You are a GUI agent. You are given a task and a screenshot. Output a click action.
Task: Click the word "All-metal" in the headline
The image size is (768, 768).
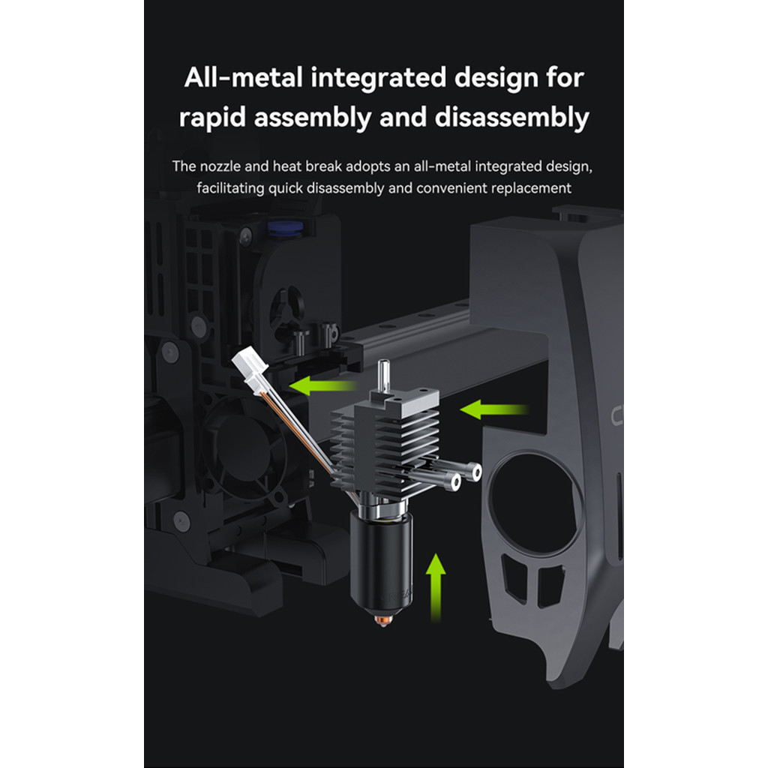coord(243,77)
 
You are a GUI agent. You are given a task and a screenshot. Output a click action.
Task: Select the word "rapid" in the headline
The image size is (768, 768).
coord(212,118)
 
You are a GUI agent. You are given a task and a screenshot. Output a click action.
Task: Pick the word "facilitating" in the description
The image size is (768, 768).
coord(230,188)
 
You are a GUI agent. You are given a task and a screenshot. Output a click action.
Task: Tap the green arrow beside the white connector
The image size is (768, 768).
coord(323,385)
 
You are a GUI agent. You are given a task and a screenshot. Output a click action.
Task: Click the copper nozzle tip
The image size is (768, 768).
coord(383,619)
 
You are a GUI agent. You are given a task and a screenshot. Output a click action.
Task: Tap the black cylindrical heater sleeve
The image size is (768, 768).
coord(382,558)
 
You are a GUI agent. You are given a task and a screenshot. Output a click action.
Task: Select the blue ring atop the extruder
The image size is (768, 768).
coord(285,229)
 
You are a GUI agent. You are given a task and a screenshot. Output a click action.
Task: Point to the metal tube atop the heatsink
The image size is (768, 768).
coord(383,376)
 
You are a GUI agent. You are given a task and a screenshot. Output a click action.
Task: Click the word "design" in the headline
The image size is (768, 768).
coord(496,78)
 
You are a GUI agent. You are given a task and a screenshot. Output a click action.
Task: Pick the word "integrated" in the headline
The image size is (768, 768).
coord(378,78)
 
